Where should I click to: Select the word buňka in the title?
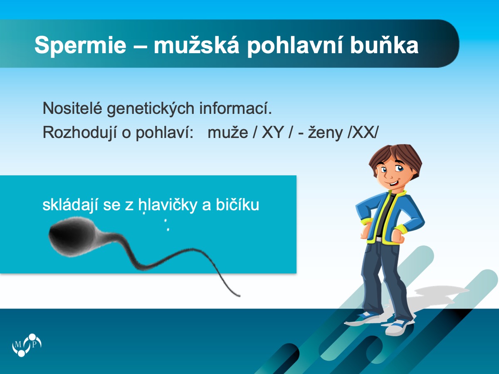(x=384, y=45)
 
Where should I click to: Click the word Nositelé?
(x=72, y=108)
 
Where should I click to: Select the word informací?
(x=235, y=108)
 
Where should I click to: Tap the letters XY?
(x=272, y=133)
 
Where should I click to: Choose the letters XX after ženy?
(x=363, y=133)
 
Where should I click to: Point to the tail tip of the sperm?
(x=240, y=295)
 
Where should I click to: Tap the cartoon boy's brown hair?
(x=395, y=157)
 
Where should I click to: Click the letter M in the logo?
(x=18, y=344)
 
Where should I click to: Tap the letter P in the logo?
(x=35, y=344)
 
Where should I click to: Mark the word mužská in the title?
(x=196, y=44)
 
